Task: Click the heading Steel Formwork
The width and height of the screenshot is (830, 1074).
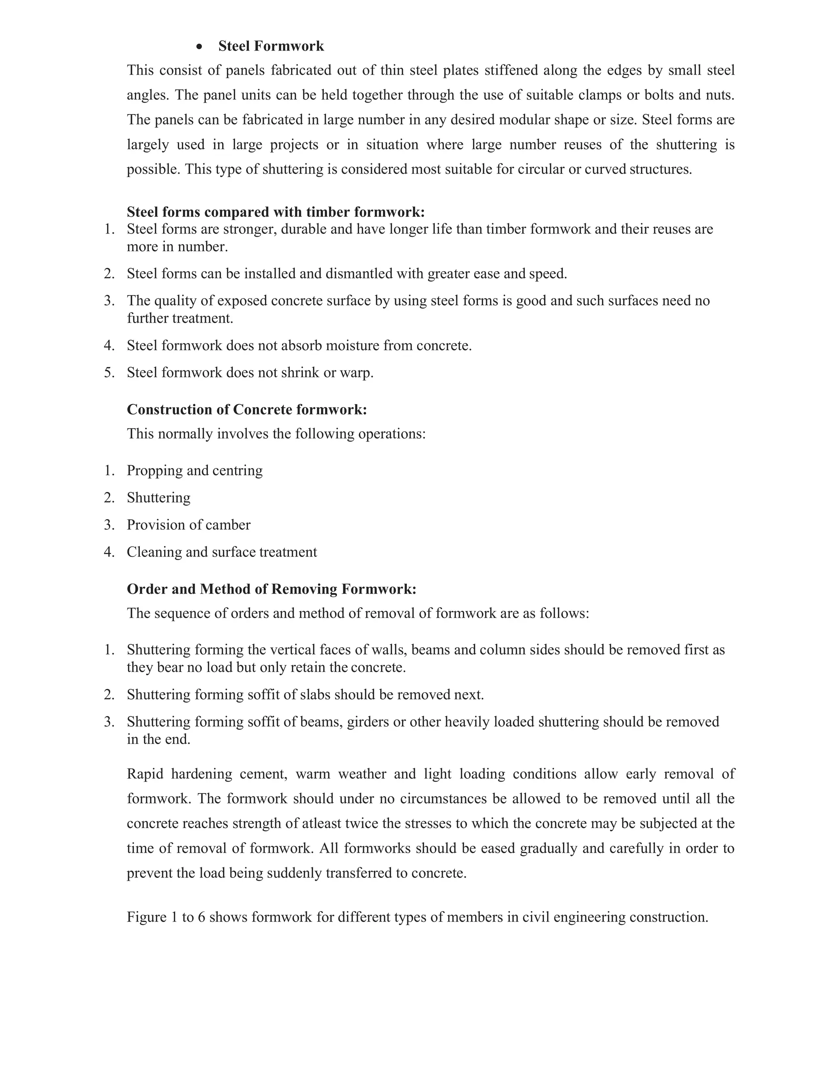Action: coord(271,46)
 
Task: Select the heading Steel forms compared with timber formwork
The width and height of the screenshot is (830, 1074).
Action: coord(275,212)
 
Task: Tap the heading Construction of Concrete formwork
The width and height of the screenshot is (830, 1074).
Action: coord(247,409)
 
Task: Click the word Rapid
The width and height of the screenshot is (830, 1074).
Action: coord(145,774)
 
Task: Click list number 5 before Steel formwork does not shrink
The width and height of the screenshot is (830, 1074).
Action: coord(109,372)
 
